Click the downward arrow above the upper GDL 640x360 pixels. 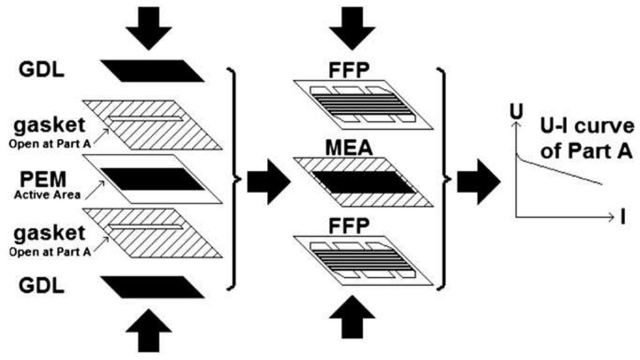pyautogui.click(x=148, y=28)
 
